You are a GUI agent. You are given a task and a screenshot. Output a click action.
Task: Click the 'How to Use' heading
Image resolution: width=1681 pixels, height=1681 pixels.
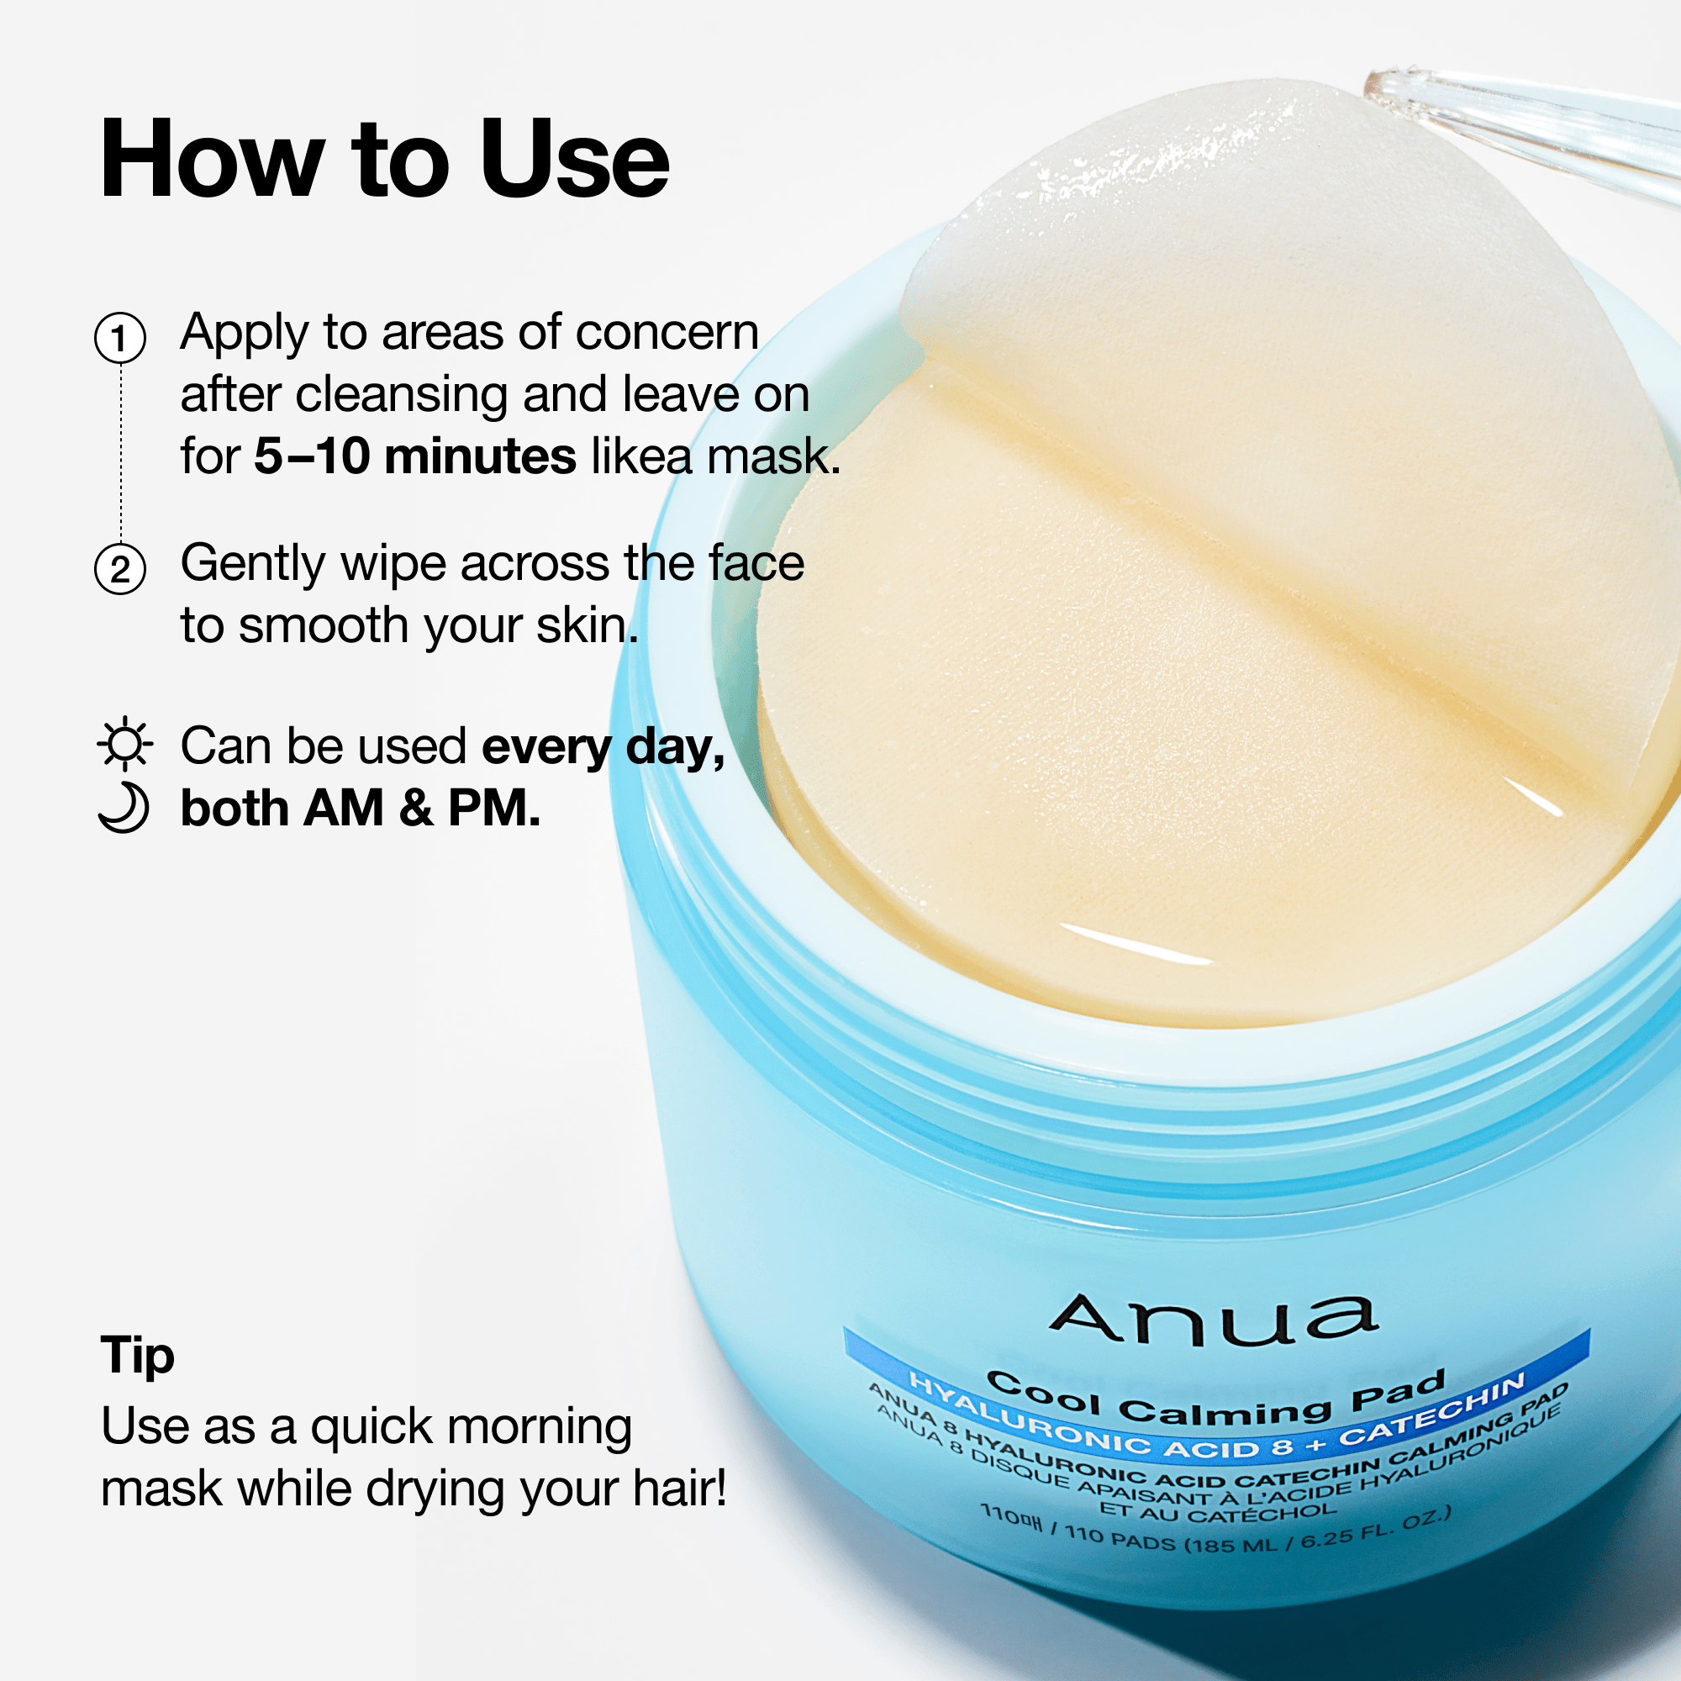[384, 160]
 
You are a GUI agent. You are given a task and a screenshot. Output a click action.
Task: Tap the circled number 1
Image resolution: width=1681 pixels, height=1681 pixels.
[120, 339]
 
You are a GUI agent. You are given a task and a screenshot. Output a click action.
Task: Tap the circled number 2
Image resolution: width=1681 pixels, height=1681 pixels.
[120, 569]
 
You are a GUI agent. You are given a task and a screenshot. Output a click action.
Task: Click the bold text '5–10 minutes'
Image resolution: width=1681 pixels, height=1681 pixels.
[414, 456]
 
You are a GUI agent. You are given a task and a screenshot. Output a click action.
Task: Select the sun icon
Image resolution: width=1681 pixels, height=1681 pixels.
[124, 743]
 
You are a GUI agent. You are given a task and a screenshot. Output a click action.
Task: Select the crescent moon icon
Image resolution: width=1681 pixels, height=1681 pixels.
[124, 808]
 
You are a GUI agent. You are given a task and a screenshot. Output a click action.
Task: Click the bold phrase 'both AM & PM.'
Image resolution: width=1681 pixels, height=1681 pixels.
[361, 809]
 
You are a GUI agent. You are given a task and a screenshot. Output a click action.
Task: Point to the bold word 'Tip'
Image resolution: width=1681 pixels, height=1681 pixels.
[138, 1356]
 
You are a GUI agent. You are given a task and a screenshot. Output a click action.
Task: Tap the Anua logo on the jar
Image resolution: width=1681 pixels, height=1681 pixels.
[1214, 1318]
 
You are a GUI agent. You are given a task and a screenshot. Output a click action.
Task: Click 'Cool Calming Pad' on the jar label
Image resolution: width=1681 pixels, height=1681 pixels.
[1215, 1400]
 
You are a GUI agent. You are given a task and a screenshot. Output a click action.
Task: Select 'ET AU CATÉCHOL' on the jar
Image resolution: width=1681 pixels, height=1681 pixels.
[1217, 1512]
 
